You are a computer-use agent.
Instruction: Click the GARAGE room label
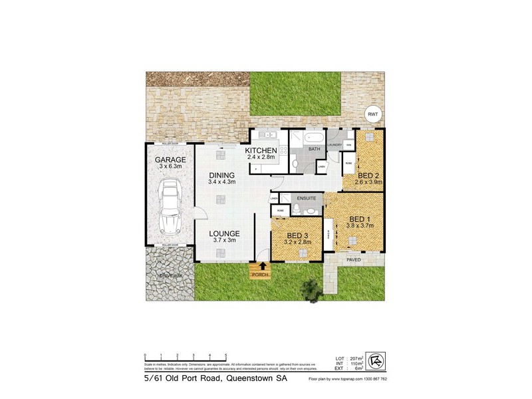point(170,160)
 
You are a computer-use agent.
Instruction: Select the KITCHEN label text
point(261,152)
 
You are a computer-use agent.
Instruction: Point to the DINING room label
point(221,175)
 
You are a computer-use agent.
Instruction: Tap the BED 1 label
point(360,219)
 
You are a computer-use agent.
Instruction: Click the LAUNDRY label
point(334,144)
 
